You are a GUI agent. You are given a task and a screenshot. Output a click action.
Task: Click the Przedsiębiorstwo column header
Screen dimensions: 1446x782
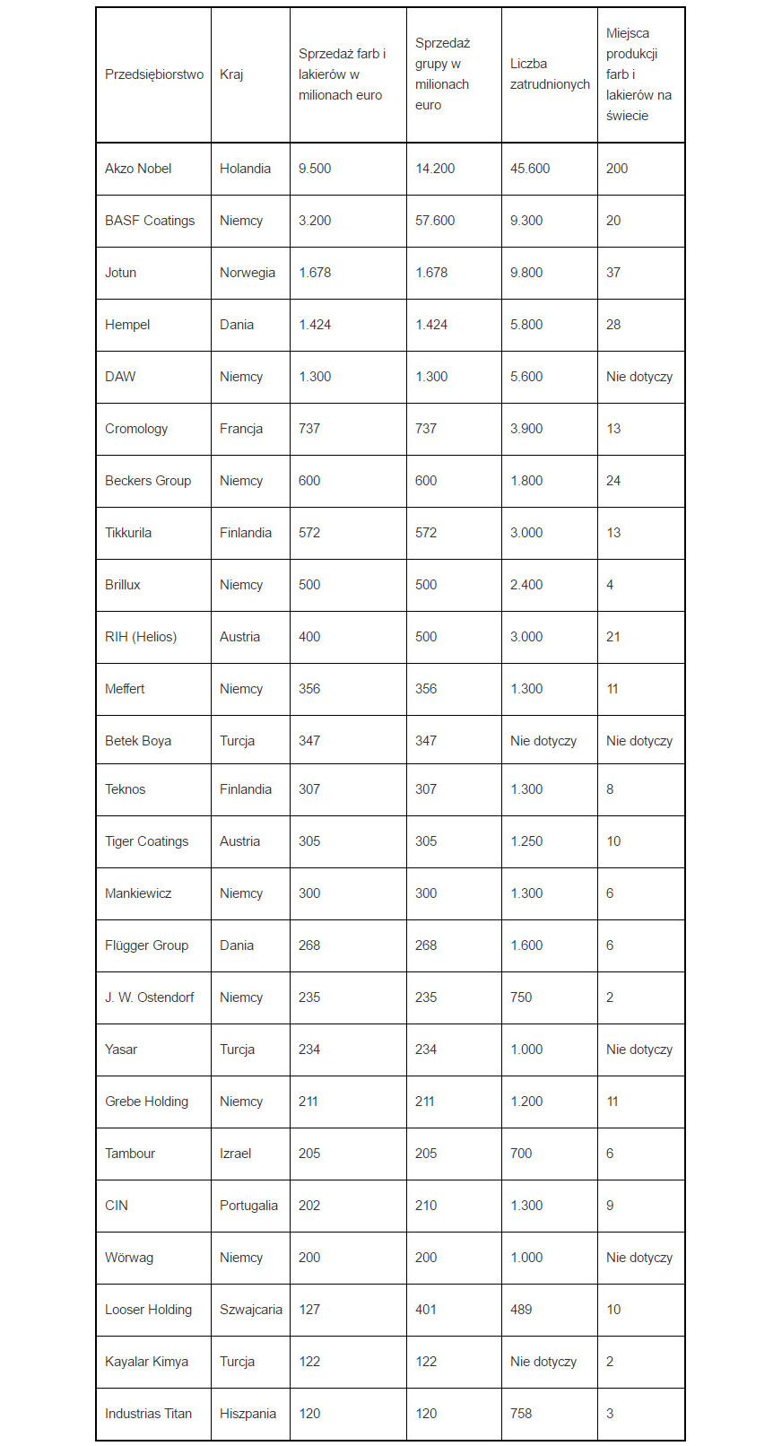[154, 74]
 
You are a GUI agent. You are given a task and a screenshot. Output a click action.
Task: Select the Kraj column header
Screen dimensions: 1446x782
[231, 74]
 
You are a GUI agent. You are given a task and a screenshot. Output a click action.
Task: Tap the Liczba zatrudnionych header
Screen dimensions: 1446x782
[550, 74]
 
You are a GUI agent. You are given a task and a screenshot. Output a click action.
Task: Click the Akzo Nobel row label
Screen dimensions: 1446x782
[138, 169]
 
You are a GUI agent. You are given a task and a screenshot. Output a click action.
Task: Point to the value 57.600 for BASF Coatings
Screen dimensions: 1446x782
[435, 221]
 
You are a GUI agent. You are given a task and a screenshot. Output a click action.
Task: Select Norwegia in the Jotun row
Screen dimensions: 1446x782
[248, 273]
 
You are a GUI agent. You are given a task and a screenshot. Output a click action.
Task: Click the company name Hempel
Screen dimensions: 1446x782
[127, 325]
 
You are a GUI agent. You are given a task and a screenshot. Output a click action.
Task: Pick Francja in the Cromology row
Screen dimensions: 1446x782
[241, 429]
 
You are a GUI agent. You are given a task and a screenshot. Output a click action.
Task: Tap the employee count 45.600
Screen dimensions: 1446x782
[530, 169]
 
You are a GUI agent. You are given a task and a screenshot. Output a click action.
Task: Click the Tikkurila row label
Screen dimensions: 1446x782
[128, 533]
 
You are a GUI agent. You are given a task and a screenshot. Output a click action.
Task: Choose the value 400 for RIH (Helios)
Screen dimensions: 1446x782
[309, 637]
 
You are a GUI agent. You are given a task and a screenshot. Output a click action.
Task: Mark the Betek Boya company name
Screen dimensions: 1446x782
[138, 741]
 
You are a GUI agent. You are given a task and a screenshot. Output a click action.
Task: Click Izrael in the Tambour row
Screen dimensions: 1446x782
[236, 1154]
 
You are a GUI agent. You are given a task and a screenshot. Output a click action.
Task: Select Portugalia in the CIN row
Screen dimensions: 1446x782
[248, 1206]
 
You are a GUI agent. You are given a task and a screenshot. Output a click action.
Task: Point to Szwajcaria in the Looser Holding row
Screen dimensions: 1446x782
[251, 1310]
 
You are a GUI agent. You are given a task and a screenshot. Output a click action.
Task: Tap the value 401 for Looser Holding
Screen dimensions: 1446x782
[426, 1310]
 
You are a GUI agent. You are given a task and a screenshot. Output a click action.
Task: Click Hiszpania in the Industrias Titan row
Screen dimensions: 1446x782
[248, 1414]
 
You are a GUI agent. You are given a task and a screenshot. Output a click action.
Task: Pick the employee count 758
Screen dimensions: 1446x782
[521, 1414]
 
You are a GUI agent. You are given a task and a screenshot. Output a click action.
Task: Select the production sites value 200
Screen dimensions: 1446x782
[617, 169]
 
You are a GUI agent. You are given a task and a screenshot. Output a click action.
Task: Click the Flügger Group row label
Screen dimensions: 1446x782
[146, 945]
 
